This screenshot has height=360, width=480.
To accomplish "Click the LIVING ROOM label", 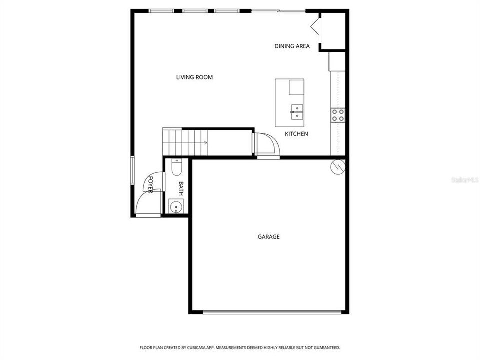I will pos(194,77).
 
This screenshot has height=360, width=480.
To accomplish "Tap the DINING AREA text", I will pos(292,46).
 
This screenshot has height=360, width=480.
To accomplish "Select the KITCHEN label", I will pos(296,134).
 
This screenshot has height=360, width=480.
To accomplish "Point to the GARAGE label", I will pos(268,237).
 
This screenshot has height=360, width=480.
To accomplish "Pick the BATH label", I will pos(181,188).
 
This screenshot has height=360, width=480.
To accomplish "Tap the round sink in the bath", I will pos(175,205).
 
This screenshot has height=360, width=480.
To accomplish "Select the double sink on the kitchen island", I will pos(297,111).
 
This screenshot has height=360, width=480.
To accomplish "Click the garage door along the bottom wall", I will pos(272,312).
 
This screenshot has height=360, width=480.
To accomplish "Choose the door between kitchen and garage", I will pos(266,145).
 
